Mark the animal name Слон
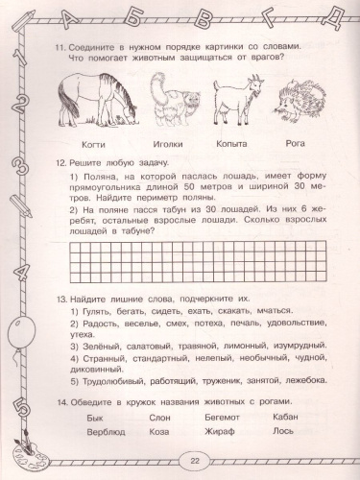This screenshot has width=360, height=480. [x=159, y=418]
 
